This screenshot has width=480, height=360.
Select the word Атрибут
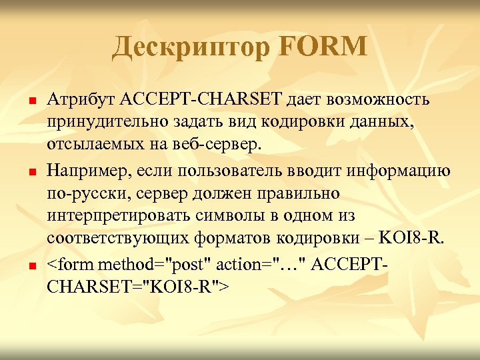(81, 100)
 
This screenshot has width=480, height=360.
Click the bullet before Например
(23, 173)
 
